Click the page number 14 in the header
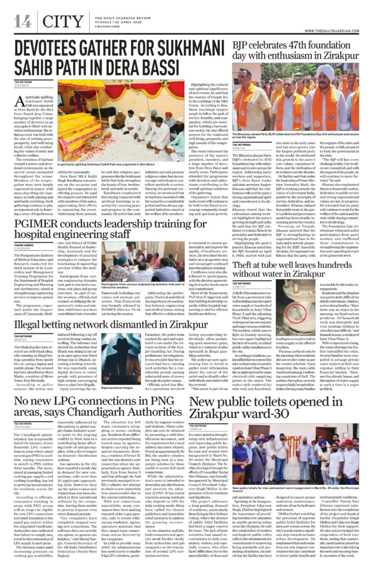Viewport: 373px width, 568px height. (x=23, y=21)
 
